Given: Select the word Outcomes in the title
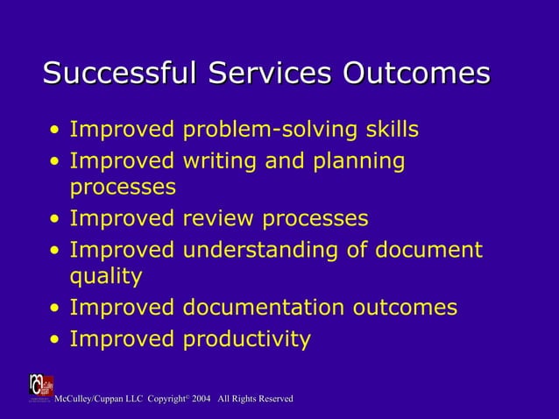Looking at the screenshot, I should tap(415, 74).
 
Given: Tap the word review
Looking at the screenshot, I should tap(218, 218).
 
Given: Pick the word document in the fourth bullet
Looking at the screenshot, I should tap(428, 250).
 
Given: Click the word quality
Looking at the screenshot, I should tap(105, 278).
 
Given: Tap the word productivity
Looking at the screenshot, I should tap(246, 339).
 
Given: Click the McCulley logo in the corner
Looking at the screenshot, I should tap(40, 387).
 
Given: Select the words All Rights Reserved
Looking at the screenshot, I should tap(255, 400).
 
